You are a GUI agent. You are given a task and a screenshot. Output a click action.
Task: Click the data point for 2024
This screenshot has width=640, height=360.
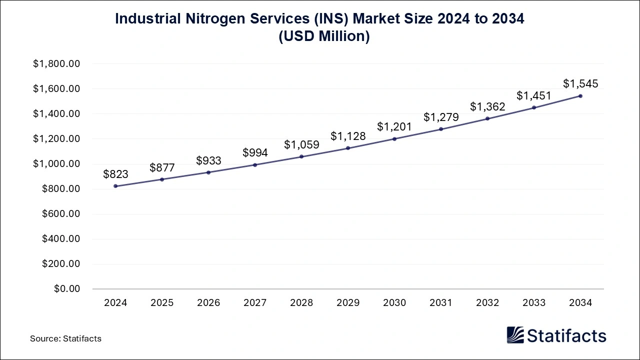[x=115, y=186]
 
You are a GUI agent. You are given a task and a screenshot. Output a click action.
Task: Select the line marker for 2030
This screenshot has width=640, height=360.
[x=394, y=138]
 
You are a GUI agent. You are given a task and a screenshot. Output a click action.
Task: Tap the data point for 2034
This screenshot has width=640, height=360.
[x=580, y=96]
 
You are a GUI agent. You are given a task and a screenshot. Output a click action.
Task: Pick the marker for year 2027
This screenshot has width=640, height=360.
[x=255, y=164]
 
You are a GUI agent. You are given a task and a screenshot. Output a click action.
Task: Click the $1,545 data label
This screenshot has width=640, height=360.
[x=580, y=83]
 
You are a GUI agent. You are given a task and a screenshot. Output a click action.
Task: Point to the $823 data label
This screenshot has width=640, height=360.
[x=115, y=174]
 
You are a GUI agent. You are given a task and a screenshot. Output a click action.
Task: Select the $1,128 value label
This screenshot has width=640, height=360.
[x=348, y=136]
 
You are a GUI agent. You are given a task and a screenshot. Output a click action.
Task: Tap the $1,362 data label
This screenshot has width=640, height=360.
[x=487, y=106]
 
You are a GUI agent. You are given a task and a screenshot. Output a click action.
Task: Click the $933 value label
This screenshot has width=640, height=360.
[x=208, y=160]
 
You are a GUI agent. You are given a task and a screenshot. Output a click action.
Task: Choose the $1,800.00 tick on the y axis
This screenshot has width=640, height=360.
[x=56, y=64]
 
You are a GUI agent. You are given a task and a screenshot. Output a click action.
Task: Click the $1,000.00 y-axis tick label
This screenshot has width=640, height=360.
[x=56, y=164]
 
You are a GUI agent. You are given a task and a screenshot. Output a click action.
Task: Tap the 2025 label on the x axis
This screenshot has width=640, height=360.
[x=162, y=303]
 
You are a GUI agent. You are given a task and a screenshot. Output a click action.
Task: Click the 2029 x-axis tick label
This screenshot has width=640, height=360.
[x=348, y=303]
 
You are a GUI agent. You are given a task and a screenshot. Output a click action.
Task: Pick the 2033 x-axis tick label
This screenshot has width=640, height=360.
[x=534, y=303]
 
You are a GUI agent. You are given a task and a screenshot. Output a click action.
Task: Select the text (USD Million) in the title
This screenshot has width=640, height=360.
[x=320, y=36]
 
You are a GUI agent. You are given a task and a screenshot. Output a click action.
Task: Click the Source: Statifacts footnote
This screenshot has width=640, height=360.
[x=65, y=338]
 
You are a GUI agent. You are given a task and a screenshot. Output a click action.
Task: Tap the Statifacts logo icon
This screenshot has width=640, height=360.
[x=516, y=335]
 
